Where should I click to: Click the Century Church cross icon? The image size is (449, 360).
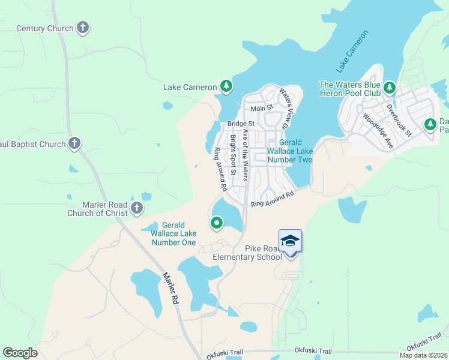(83, 28)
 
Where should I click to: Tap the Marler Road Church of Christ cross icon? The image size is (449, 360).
(137, 208)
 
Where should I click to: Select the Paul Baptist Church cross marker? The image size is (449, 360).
(74, 143)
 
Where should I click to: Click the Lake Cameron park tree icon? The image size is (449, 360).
(226, 87)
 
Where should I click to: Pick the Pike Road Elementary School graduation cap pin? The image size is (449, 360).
(290, 241)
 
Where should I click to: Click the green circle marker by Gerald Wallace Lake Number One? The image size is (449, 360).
(217, 223)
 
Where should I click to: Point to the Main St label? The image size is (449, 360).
(262, 108)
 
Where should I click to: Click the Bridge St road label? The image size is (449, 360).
(241, 124)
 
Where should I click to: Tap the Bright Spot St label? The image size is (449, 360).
(233, 155)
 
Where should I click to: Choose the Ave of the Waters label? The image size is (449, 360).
(245, 154)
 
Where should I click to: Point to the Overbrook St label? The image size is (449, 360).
(398, 121)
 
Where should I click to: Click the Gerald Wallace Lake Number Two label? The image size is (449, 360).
(290, 151)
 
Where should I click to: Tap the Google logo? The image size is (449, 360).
(20, 353)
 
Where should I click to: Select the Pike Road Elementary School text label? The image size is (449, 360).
(247, 253)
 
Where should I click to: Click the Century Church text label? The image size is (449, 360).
(44, 28)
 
